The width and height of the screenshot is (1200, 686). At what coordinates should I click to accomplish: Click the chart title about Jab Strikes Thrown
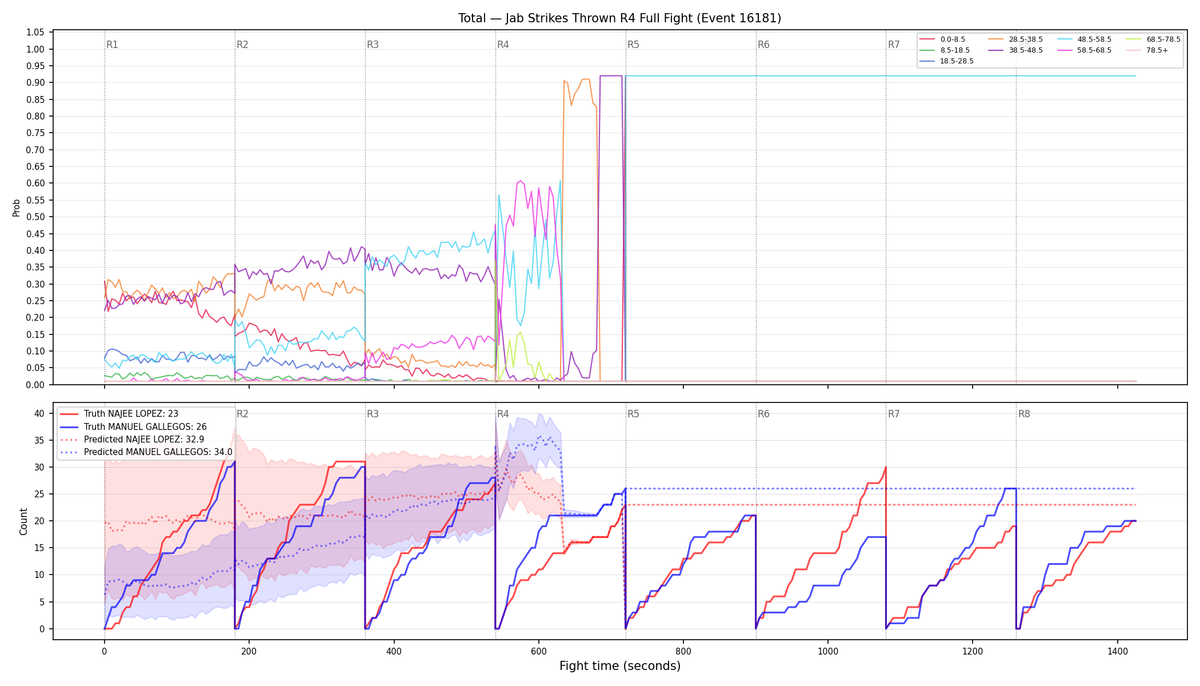[619, 18]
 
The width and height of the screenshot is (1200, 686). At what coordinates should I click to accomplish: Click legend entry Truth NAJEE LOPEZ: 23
[119, 414]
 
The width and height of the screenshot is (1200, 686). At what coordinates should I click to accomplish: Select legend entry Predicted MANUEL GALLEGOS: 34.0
[146, 452]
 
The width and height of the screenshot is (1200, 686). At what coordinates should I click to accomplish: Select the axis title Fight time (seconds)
[620, 666]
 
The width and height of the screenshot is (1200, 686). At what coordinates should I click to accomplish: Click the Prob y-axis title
[16, 208]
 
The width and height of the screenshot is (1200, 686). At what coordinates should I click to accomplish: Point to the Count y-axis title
[23, 521]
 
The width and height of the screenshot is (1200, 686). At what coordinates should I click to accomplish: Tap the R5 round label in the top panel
[633, 45]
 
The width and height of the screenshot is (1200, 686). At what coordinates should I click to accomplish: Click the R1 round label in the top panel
[112, 45]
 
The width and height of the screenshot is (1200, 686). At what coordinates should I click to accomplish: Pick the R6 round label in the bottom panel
[763, 414]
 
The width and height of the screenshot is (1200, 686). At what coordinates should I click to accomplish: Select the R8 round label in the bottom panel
[1024, 414]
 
